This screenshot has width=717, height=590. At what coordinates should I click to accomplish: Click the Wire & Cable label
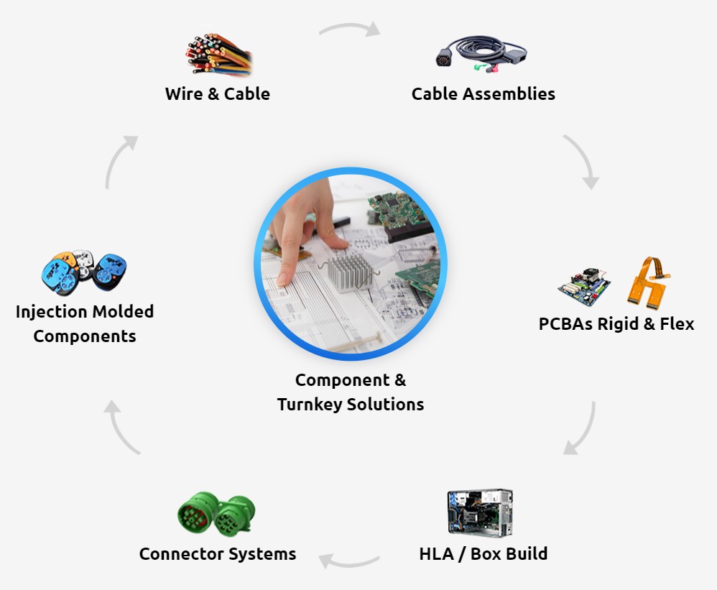coord(217,93)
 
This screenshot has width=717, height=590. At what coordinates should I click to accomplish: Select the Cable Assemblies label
coord(483,93)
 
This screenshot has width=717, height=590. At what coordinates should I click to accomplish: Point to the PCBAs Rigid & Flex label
coord(616,323)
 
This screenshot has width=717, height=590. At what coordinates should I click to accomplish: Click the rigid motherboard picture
coord(585,285)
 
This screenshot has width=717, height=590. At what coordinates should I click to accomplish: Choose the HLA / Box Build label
coord(483,553)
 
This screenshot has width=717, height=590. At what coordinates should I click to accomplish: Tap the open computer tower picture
coord(480,513)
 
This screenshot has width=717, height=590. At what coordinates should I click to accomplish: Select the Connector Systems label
coord(217,553)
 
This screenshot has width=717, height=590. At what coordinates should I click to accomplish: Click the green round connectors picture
coord(216,513)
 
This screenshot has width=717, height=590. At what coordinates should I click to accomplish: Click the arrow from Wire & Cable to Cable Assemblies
coord(349,28)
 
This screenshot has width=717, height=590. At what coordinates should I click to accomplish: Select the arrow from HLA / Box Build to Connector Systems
coord(349,559)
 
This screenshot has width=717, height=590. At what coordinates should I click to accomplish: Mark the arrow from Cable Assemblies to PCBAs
coord(581,161)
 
